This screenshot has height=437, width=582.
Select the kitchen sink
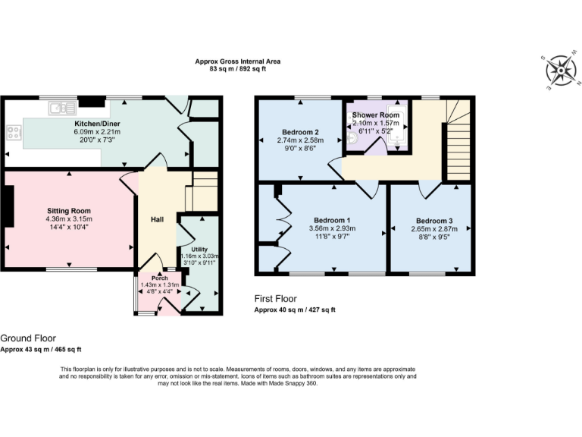click(x=58, y=109)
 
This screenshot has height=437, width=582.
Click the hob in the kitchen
click(x=14, y=133)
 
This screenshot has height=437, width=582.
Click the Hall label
click(x=157, y=219)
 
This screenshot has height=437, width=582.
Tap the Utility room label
click(x=199, y=248)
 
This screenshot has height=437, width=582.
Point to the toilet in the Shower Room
click(x=352, y=139)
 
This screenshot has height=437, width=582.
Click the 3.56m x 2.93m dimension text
click(x=328, y=229)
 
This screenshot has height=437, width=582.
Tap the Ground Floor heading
click(x=28, y=338)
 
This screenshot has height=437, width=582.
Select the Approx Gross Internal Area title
click(x=230, y=61)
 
